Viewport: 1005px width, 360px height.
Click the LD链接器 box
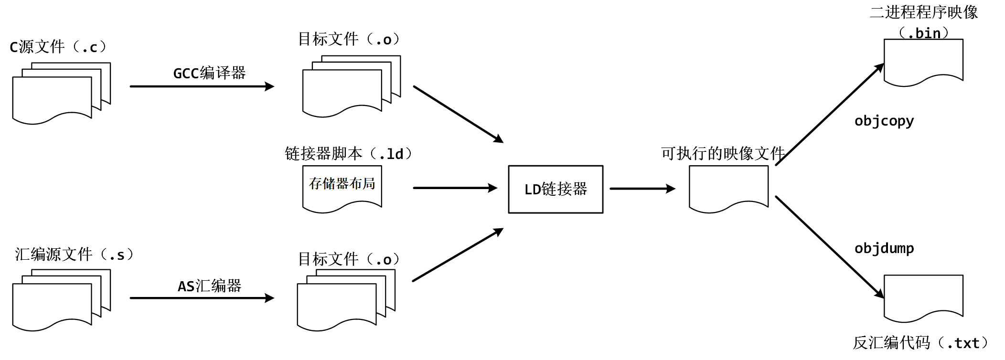pyautogui.click(x=556, y=189)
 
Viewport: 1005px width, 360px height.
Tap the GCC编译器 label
pyautogui.click(x=209, y=73)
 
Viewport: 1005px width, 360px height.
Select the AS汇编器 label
pyautogui.click(x=209, y=286)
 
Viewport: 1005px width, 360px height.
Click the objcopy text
pyautogui.click(x=884, y=121)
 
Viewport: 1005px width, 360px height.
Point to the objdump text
pyautogui.click(x=884, y=248)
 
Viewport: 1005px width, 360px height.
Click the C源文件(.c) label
pyautogui.click(x=57, y=47)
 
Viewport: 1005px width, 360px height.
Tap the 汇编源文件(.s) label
pyautogui.click(x=74, y=254)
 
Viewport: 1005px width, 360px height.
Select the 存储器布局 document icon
pyautogui.click(x=342, y=188)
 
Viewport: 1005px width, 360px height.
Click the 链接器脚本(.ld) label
pyautogui.click(x=348, y=154)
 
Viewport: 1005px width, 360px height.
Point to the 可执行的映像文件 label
pyautogui.click(x=723, y=153)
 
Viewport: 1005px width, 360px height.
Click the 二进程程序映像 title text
pyautogui.click(x=923, y=12)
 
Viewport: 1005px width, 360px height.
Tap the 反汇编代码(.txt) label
pyautogui.click(x=919, y=343)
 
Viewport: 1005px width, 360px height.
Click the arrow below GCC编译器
pyautogui.click(x=202, y=86)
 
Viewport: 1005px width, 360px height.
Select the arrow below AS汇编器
pyautogui.click(x=202, y=298)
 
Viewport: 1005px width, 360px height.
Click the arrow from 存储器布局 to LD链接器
pyautogui.click(x=455, y=188)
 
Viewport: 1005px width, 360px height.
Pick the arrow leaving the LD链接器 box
pyautogui.click(x=642, y=189)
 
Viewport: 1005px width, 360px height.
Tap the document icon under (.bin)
pyautogui.click(x=923, y=61)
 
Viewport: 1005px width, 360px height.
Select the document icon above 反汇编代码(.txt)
pyautogui.click(x=923, y=297)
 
